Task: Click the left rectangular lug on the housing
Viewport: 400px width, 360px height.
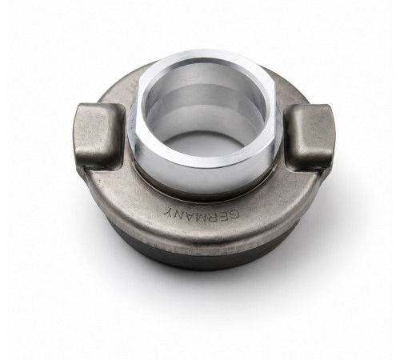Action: coord(99,135)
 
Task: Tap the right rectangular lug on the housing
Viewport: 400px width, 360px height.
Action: coord(310,137)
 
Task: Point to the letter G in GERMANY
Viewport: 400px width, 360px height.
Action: coord(234,214)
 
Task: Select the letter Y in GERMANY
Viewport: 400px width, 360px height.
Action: coord(169,212)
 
